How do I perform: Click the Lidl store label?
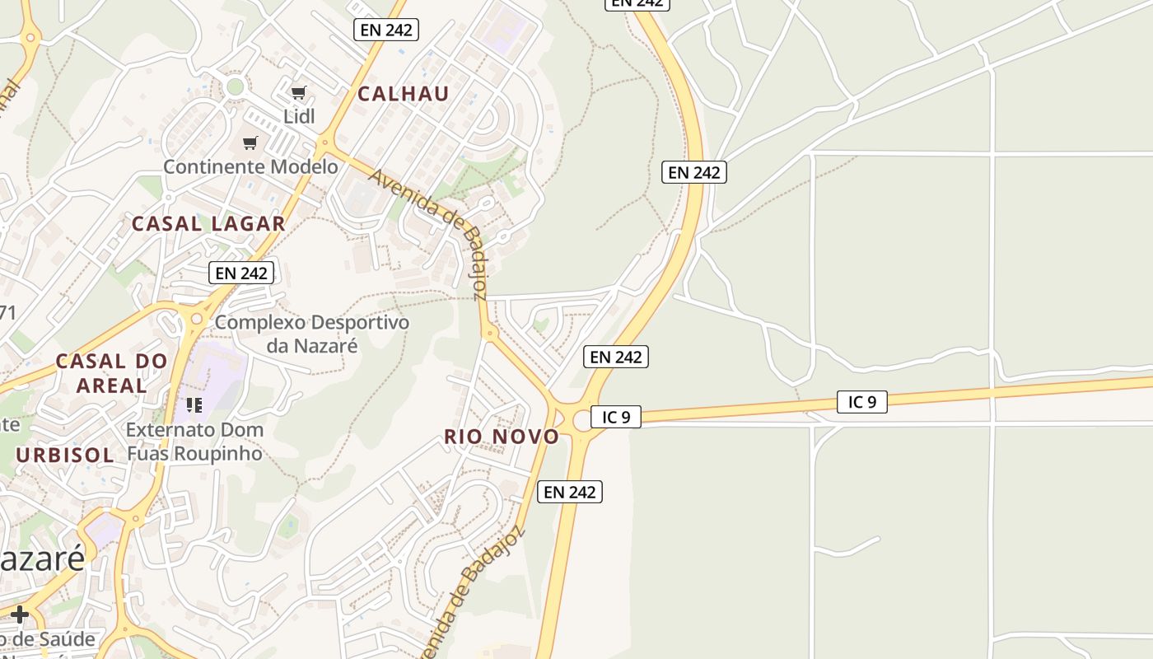(299, 116)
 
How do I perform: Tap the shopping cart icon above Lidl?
(299, 92)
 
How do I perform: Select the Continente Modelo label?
(250, 166)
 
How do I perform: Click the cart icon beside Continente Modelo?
(250, 143)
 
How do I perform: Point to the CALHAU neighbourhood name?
(404, 94)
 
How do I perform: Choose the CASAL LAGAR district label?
(208, 223)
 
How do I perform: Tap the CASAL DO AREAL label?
(112, 372)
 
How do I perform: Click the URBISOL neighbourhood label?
(65, 455)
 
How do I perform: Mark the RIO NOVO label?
(502, 437)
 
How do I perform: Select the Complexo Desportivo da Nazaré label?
(311, 334)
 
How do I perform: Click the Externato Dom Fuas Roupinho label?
(194, 441)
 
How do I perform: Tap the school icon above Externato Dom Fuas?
(194, 404)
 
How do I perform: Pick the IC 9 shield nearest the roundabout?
(615, 417)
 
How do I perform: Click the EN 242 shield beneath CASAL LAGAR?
(240, 273)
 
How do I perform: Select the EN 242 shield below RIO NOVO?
(570, 492)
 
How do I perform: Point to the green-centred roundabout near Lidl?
(236, 86)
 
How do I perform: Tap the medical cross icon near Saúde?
(20, 615)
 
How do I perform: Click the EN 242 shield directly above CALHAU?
(386, 30)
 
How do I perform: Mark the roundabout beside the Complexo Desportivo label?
(196, 318)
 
